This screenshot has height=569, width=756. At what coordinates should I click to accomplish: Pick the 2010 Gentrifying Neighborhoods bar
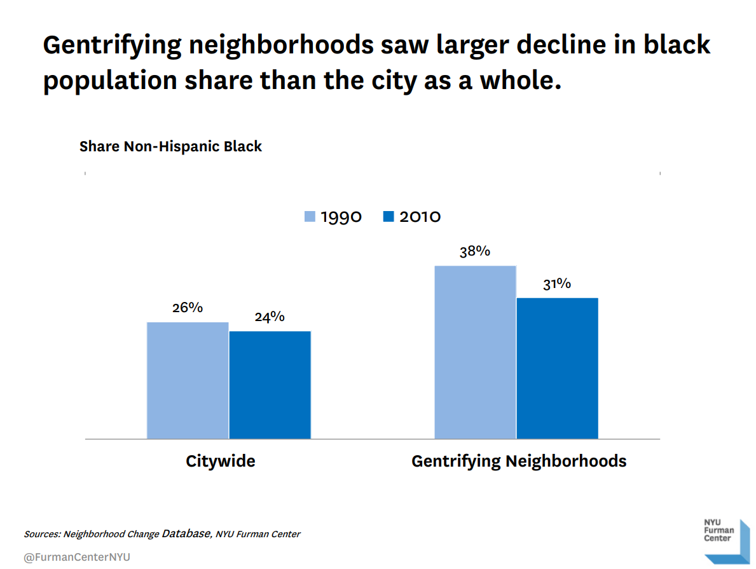557,368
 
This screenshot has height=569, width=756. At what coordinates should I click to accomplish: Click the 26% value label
188,308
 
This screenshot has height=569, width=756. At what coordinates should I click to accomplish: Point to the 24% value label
270,317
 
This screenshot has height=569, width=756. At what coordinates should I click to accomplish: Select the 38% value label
475,251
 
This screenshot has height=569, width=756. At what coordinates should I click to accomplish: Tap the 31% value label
557,284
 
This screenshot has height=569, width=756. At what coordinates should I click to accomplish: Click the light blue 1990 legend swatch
310,217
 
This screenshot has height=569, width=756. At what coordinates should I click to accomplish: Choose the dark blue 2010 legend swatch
389,217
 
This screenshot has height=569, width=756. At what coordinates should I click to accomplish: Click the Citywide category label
220,461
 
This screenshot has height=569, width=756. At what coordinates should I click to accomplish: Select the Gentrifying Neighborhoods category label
519,461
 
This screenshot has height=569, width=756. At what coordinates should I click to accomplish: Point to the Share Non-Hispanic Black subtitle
170,146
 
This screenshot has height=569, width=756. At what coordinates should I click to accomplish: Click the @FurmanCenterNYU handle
76,558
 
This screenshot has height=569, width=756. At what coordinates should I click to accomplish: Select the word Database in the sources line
186,533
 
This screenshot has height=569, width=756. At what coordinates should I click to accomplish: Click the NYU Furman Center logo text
718,530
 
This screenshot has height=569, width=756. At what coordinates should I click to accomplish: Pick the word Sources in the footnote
42,534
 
